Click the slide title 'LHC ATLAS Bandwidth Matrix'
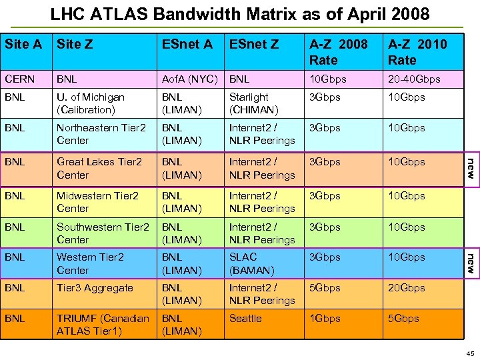240,13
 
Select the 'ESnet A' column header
187,45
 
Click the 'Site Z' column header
75,45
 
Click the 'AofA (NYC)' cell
190,79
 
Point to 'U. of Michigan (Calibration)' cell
90,103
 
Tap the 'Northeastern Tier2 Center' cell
101,134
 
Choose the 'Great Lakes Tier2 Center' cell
99,168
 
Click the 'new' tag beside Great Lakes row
469,167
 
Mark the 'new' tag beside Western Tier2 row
469,263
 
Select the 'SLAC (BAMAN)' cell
251,263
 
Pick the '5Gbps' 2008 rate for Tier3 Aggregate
325,288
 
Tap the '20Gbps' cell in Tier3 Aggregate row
407,288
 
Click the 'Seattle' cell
245,319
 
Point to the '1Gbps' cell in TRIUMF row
325,319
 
